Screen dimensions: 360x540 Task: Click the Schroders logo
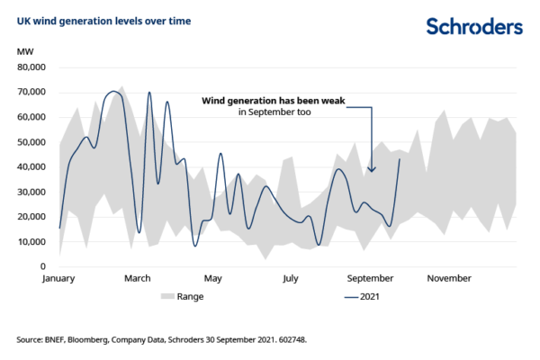coord(473,26)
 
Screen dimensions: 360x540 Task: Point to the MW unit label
coord(24,53)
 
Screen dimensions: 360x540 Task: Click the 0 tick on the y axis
coord(42,266)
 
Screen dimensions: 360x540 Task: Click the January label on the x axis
coord(60,278)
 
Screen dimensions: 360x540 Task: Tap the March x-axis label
coord(137,278)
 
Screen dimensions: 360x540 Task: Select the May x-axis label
coord(213,278)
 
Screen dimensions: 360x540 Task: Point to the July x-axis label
coord(290,278)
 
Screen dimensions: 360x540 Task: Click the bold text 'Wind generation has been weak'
coord(273,102)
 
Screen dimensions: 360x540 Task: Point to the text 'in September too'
coord(273,113)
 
